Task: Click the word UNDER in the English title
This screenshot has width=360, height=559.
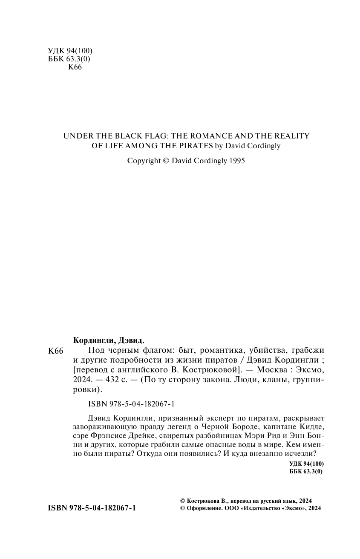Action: [75, 136]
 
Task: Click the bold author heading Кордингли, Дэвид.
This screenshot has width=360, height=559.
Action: [109, 340]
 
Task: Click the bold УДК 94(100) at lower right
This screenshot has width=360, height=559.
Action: [306, 464]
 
